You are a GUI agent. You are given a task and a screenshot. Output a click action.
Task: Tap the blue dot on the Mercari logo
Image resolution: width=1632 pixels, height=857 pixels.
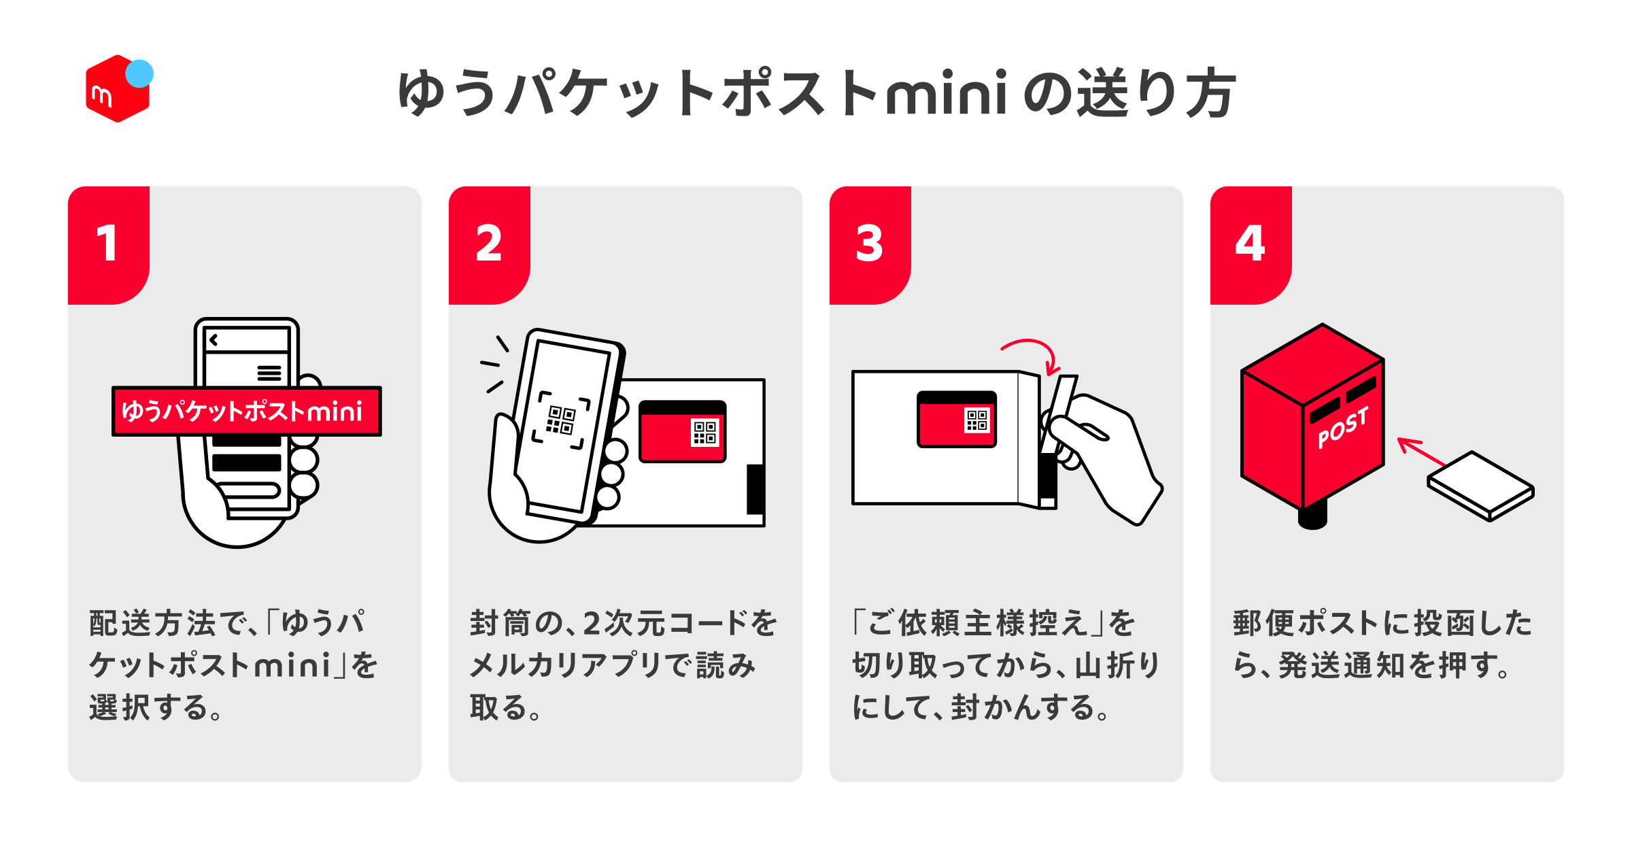(140, 73)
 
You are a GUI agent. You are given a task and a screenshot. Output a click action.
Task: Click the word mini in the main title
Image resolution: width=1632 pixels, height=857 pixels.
(945, 94)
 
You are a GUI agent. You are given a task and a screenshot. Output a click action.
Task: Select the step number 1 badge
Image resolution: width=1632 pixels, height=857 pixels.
(107, 243)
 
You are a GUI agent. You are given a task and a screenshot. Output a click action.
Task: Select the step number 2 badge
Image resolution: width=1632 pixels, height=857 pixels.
(488, 243)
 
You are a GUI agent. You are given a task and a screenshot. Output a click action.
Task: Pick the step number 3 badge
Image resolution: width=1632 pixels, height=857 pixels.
(869, 243)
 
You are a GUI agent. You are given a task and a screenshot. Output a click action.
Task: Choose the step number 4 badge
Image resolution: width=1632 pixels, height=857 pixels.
(1250, 243)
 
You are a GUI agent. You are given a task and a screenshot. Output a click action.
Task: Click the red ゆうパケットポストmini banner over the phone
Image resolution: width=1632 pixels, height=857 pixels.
(246, 411)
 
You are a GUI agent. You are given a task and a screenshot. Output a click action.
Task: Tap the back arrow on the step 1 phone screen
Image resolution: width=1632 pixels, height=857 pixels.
(214, 340)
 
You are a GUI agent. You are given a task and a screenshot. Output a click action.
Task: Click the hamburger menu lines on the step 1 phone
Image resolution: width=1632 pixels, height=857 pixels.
(269, 373)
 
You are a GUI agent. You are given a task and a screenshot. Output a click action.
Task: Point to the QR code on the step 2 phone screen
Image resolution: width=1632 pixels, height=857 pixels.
(561, 420)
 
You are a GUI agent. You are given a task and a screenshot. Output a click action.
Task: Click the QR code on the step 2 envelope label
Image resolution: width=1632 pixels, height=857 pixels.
(704, 433)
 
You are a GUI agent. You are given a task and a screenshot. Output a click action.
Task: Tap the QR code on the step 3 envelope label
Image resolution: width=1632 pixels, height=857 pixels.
(977, 420)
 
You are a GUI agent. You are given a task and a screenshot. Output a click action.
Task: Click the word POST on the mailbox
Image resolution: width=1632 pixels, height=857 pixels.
(1342, 428)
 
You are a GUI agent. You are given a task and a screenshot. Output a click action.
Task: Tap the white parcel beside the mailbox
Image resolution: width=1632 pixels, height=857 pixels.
(1481, 486)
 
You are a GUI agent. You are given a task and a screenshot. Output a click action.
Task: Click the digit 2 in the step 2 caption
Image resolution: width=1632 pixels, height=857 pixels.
(591, 624)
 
